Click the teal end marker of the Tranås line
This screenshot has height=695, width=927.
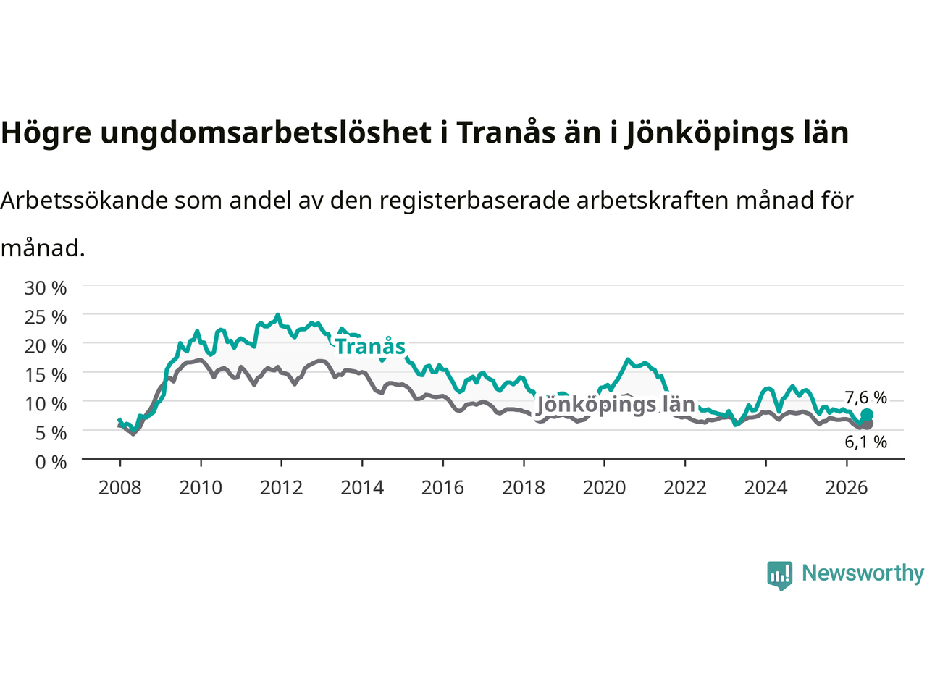pyautogui.click(x=866, y=414)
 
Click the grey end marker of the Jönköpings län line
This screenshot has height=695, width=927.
pyautogui.click(x=867, y=424)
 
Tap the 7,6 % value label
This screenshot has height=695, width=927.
pyautogui.click(x=865, y=397)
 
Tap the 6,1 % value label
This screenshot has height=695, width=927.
pyautogui.click(x=865, y=442)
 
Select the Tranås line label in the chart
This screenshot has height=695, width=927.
pyautogui.click(x=370, y=347)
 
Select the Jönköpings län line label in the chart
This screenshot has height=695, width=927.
pyautogui.click(x=616, y=405)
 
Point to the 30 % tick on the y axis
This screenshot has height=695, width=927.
pyautogui.click(x=46, y=288)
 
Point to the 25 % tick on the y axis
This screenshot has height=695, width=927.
pyautogui.click(x=46, y=317)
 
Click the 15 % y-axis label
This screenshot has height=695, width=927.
pyautogui.click(x=46, y=375)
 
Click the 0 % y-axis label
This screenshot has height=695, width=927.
pyautogui.click(x=51, y=462)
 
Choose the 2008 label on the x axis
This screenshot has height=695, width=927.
pyautogui.click(x=120, y=488)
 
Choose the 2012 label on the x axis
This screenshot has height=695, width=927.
pyautogui.click(x=281, y=488)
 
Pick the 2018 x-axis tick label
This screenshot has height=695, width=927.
pyautogui.click(x=524, y=488)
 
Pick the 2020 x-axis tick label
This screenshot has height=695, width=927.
pyautogui.click(x=604, y=488)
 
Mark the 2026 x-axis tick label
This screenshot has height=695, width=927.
pyautogui.click(x=847, y=488)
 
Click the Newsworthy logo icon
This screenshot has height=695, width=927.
pyautogui.click(x=779, y=576)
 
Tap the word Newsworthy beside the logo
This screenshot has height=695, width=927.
pyautogui.click(x=863, y=573)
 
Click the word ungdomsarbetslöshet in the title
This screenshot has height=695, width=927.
pyautogui.click(x=266, y=133)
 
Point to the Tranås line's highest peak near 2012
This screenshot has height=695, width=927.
pyautogui.click(x=277, y=315)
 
